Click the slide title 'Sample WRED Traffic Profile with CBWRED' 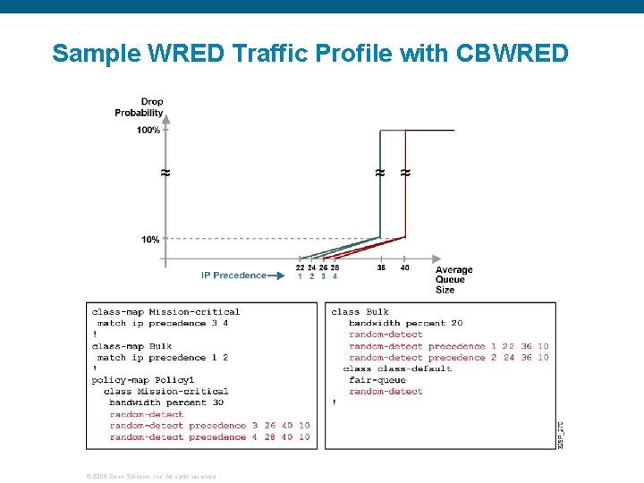(309, 53)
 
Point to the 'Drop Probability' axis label (140, 107)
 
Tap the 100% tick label (148, 131)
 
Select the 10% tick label (150, 240)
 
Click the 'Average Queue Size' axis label (453, 279)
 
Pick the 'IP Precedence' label (233, 275)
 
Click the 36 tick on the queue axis (381, 267)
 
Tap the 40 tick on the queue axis (405, 267)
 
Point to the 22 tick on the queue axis (300, 267)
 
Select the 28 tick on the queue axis (335, 267)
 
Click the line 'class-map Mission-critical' (166, 312)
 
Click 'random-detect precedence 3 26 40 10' (210, 426)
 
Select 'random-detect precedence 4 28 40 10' (210, 437)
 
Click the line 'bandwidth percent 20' (406, 323)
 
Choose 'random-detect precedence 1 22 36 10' (448, 346)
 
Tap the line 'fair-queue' (377, 380)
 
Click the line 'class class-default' (397, 369)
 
